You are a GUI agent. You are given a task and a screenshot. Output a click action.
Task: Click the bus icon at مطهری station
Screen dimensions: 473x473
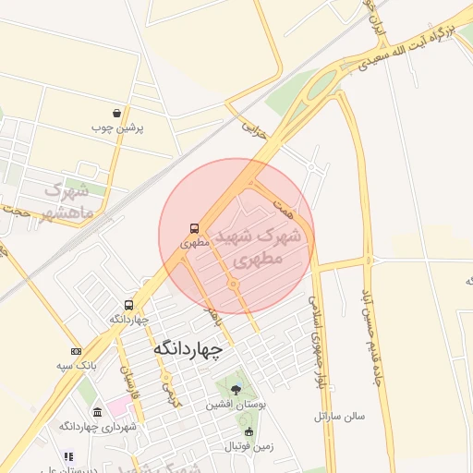pos(194,227)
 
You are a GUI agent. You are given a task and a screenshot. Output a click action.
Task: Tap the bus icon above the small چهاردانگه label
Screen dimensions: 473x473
pos(128,305)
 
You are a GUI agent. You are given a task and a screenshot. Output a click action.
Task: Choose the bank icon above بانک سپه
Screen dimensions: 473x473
pos(75,351)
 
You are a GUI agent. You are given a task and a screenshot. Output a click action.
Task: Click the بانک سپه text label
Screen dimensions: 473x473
pos(52,366)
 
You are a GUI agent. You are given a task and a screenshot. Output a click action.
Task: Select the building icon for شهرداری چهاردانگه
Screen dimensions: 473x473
pos(98,410)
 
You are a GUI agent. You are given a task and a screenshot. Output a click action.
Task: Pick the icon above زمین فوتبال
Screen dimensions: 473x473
pos(248,432)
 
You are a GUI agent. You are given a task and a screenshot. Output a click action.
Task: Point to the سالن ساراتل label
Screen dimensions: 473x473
pos(340,416)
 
